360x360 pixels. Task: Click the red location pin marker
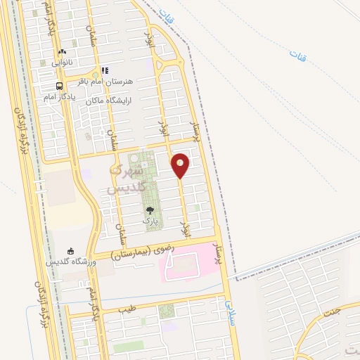click(x=181, y=165)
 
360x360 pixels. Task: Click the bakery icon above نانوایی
click(x=62, y=51)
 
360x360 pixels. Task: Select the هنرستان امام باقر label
click(x=110, y=80)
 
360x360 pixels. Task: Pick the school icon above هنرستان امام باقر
click(x=105, y=70)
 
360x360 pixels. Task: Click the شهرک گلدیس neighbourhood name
click(x=128, y=179)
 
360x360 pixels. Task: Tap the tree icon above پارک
click(x=148, y=210)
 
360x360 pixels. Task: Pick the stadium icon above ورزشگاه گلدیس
click(x=70, y=251)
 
